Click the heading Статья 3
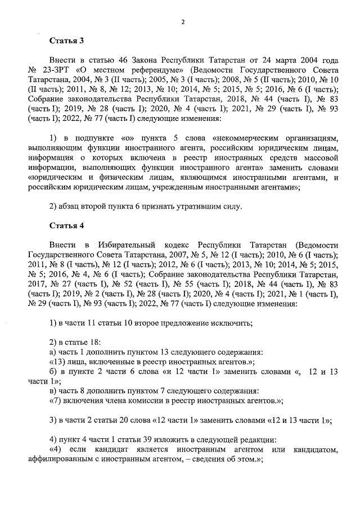pos(66,40)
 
